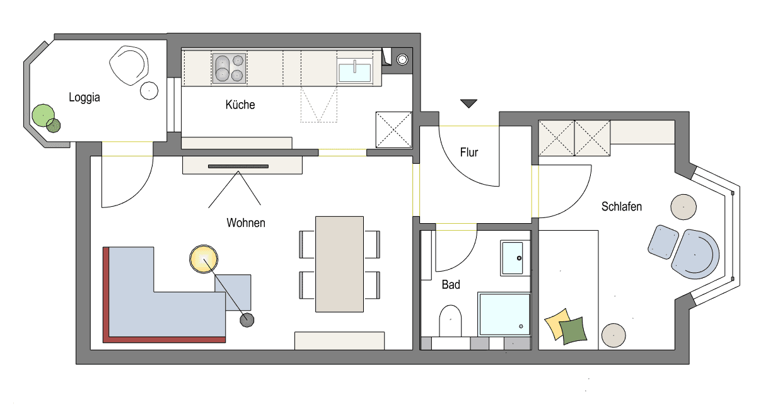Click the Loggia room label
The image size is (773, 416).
coord(84,98)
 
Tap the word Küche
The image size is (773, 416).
coord(240,105)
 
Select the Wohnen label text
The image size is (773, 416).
coord(246,222)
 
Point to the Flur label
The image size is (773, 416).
coord(469,153)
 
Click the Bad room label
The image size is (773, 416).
coord(451,285)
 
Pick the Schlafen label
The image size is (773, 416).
coord(621,207)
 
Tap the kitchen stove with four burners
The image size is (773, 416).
coord(229,68)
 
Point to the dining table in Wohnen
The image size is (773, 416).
coord(340,263)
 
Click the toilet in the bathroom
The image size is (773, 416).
coord(450,321)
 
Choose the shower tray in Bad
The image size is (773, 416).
coord(504,313)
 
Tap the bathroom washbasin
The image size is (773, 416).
coord(516,257)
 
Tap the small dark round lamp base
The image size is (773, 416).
coord(248,320)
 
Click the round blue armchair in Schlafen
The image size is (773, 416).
coord(696,255)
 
